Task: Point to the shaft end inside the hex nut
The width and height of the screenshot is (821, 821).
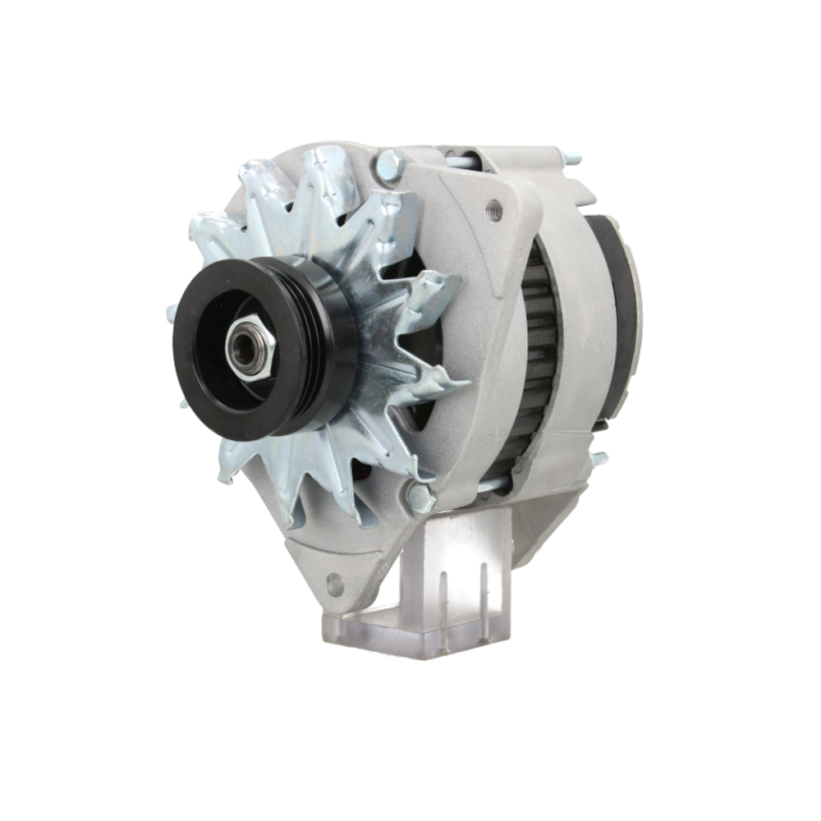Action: tap(244, 346)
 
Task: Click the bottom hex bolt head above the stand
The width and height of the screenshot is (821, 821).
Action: tap(420, 498)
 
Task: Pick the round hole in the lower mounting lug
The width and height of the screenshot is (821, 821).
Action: tap(334, 585)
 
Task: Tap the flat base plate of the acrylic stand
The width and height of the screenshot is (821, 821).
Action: tap(410, 636)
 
